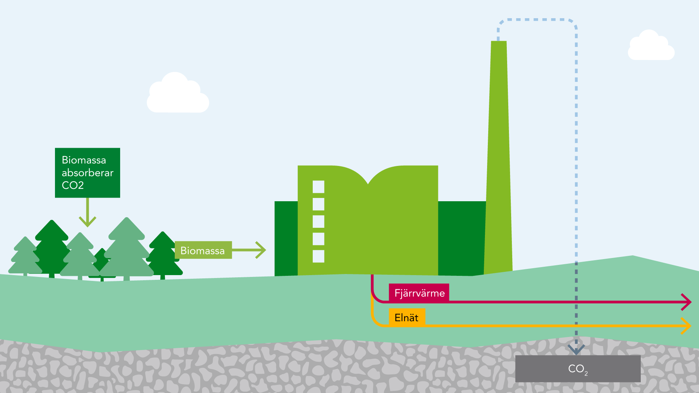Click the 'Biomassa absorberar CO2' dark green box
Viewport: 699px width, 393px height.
87,172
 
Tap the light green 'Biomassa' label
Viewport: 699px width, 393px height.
203,250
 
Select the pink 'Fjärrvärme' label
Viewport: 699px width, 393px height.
419,293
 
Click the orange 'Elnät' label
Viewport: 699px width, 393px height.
407,317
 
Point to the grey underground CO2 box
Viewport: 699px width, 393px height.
578,369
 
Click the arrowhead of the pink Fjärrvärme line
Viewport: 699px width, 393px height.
687,302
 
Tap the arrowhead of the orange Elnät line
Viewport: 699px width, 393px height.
687,326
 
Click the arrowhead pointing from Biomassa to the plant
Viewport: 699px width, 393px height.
262,250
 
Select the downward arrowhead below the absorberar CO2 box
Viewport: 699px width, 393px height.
87,221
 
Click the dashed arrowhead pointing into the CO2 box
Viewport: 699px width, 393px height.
576,350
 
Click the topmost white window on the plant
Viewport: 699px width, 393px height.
318,187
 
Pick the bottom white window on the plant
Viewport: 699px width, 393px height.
318,256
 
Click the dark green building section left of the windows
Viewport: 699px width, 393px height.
286,238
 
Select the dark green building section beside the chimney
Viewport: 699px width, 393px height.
461,238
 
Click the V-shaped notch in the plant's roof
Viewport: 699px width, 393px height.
368,182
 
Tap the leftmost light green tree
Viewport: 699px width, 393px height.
25,258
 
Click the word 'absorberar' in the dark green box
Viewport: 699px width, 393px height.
87,173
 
